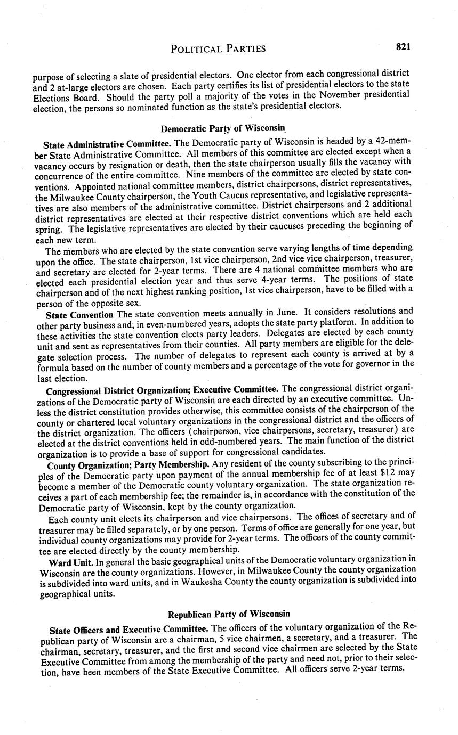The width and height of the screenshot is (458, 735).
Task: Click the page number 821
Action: click(x=403, y=47)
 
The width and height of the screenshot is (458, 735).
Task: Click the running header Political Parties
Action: click(x=218, y=49)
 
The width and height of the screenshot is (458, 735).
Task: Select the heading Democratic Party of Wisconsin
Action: click(x=224, y=128)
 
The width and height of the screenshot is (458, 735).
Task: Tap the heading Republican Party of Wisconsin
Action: click(x=229, y=614)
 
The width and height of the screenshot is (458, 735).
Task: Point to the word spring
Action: click(x=49, y=225)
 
